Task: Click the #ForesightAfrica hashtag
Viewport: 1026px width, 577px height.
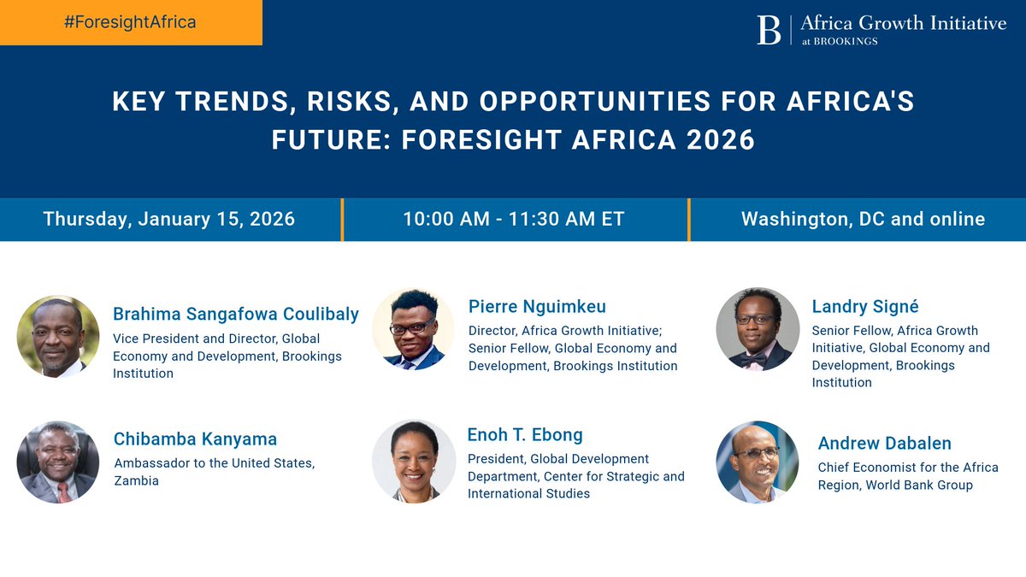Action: pyautogui.click(x=130, y=22)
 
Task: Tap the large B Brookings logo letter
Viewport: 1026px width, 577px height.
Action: pyautogui.click(x=769, y=30)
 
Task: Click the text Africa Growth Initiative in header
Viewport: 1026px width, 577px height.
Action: pyautogui.click(x=903, y=23)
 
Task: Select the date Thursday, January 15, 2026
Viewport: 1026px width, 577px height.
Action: pyautogui.click(x=169, y=219)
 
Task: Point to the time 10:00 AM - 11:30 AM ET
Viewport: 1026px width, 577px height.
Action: pyautogui.click(x=514, y=219)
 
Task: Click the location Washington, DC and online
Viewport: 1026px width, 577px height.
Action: pyautogui.click(x=863, y=219)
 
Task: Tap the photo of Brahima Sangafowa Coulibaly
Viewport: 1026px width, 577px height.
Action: pyautogui.click(x=58, y=337)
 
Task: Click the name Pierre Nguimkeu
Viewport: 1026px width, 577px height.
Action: pyautogui.click(x=538, y=306)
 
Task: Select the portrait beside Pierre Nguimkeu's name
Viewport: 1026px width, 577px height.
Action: pyautogui.click(x=413, y=329)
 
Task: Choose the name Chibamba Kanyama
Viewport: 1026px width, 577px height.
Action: pyautogui.click(x=195, y=439)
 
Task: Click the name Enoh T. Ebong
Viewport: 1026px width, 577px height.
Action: pyautogui.click(x=525, y=434)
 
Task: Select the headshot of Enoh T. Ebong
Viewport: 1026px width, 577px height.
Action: pyautogui.click(x=414, y=460)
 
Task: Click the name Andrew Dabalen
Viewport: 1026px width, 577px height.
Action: pyautogui.click(x=884, y=443)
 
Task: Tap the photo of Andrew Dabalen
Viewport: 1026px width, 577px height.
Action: pyautogui.click(x=758, y=462)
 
